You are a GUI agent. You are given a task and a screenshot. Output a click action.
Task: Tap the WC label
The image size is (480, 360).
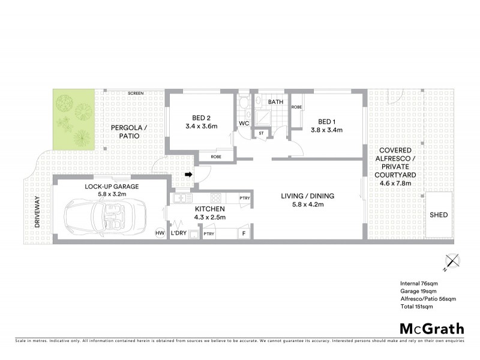(x=244, y=124)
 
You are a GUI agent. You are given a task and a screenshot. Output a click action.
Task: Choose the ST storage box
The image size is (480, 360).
(x=261, y=133)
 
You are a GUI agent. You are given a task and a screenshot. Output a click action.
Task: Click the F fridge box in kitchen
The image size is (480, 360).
(x=244, y=233)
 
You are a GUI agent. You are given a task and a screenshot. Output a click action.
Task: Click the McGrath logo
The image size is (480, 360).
(x=432, y=328)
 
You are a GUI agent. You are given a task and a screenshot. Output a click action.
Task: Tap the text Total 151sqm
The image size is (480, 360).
(x=416, y=306)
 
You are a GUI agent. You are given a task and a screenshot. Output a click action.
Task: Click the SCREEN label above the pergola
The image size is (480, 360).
(x=136, y=94)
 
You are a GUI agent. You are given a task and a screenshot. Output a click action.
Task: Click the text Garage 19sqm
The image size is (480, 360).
(x=420, y=290)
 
